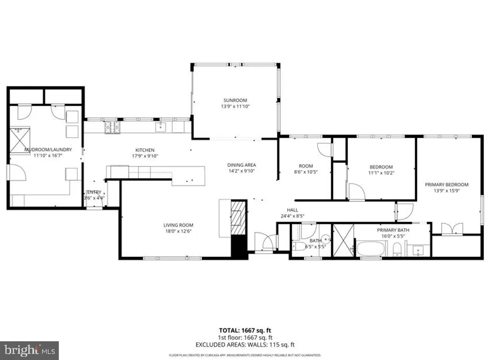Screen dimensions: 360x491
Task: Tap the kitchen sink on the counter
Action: (x=160, y=127)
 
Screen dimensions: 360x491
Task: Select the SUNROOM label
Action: (x=234, y=100)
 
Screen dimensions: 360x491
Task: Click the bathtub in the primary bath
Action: (x=370, y=249)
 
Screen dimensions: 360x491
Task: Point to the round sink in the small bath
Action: (x=326, y=238)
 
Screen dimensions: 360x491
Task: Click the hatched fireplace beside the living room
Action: (x=238, y=218)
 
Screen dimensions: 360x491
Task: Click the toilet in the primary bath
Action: (x=397, y=250)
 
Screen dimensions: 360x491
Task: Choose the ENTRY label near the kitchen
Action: (x=94, y=192)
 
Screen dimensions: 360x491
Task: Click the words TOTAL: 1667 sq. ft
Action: (x=245, y=330)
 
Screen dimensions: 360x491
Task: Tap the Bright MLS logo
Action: (x=29, y=350)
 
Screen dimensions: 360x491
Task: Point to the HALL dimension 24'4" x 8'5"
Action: (x=292, y=216)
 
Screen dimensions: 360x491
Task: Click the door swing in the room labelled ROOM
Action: (x=325, y=150)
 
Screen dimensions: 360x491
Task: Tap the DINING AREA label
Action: (x=241, y=165)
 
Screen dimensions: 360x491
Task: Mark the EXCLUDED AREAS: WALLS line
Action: (x=245, y=345)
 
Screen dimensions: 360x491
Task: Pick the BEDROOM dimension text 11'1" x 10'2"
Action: (x=381, y=173)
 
